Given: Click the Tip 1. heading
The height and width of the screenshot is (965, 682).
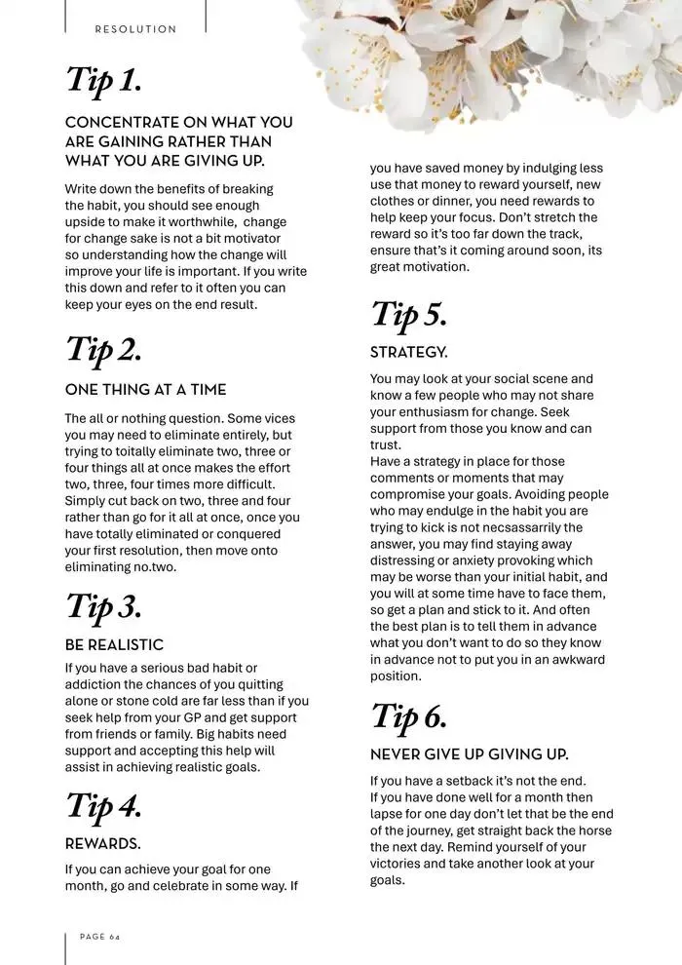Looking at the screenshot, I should click(103, 81).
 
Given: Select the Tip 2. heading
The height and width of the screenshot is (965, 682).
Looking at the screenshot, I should click(103, 350).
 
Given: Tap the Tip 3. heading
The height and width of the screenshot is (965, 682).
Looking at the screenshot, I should click(103, 606).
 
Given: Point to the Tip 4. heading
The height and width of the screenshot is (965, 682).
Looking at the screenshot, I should click(103, 806).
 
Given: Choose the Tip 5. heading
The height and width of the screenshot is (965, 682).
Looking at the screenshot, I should click(408, 315).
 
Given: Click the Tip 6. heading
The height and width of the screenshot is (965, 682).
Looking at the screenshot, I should click(408, 717).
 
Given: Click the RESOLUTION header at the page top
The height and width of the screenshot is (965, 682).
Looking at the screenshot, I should click(135, 29).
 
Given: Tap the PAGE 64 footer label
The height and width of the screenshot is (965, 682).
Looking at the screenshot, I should click(99, 936).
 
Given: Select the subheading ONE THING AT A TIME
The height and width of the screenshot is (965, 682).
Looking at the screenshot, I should click(145, 390).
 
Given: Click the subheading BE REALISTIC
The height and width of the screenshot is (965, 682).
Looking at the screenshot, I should click(114, 645).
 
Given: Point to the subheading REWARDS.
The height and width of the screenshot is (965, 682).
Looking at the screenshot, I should click(102, 843).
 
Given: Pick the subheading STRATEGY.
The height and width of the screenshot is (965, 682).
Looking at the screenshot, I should click(408, 352).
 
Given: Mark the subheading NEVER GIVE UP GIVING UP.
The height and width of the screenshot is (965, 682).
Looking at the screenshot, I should click(469, 754).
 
